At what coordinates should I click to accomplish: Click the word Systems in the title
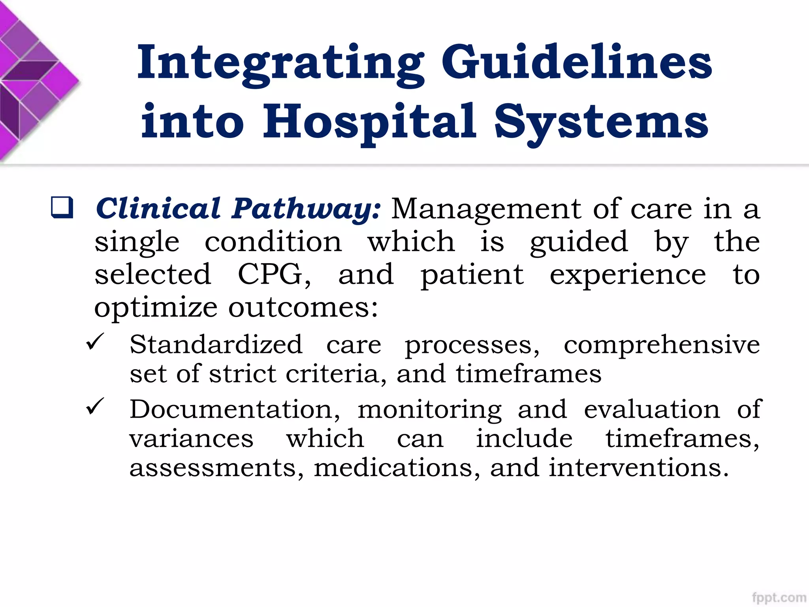pos(601,123)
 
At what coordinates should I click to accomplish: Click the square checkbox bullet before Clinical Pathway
pos(62,207)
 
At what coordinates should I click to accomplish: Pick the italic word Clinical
pos(158,208)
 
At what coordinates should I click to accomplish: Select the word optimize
pos(156,308)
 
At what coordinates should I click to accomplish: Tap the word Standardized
pos(216,344)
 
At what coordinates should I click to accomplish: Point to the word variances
pos(192,438)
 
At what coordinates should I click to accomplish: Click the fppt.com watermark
pos(779,598)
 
